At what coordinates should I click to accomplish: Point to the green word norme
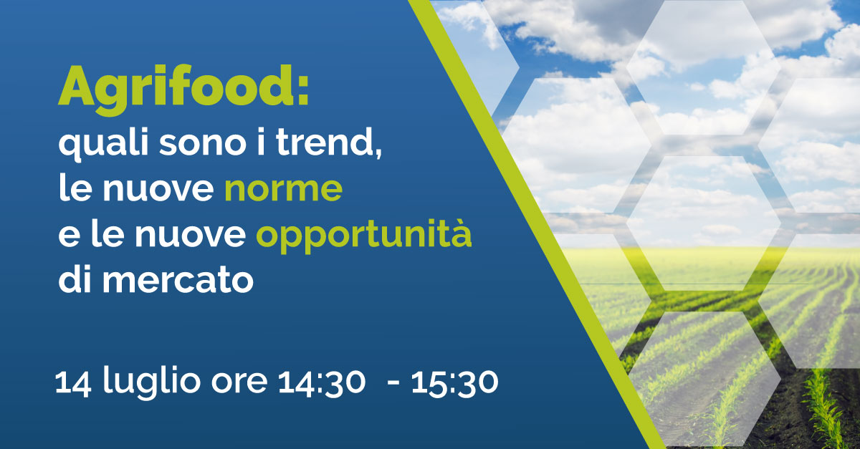(x=283, y=190)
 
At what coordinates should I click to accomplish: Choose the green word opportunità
(x=364, y=237)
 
